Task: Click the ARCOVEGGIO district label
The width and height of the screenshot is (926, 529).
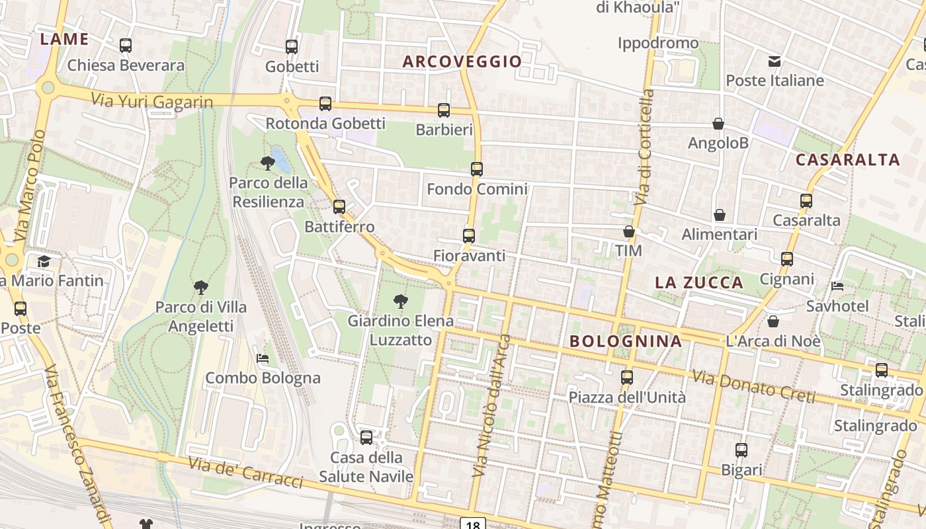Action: pos(462,61)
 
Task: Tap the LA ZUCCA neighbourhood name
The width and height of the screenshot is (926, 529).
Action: pos(699,283)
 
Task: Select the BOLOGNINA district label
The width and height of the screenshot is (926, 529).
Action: pos(625,341)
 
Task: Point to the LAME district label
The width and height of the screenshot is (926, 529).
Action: pos(64,39)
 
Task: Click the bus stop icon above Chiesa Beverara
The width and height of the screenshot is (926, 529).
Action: pos(126,46)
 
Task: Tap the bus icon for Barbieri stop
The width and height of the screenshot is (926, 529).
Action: pos(444,110)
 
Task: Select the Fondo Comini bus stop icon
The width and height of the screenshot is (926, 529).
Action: pos(477,169)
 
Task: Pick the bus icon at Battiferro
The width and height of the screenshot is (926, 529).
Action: pos(339,206)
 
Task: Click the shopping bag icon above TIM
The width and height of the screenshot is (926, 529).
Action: pos(629,231)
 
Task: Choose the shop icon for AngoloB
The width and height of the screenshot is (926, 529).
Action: pos(718,124)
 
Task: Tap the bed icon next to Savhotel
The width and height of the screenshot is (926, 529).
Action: pos(837,286)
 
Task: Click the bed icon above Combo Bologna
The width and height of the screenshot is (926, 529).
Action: pos(263,358)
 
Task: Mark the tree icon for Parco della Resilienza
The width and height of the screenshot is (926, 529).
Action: pos(268,162)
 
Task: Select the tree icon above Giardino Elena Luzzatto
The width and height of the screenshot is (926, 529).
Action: pos(401,302)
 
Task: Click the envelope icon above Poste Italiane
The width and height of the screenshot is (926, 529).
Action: pos(775,61)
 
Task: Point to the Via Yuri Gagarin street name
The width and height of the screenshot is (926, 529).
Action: pos(152,101)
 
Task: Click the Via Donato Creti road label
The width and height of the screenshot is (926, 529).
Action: pos(753,386)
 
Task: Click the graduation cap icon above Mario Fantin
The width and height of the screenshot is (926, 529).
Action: pos(44,261)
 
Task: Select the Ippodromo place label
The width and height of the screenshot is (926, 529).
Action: pos(658,43)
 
